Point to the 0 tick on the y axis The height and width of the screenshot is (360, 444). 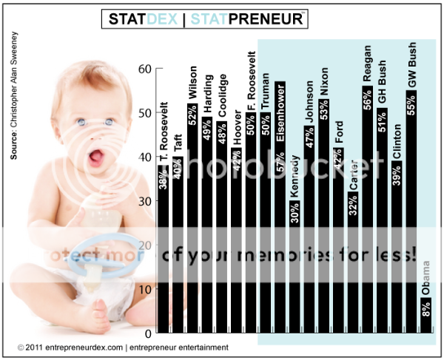click(147, 332)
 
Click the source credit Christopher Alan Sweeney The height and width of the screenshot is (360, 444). click(14, 96)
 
